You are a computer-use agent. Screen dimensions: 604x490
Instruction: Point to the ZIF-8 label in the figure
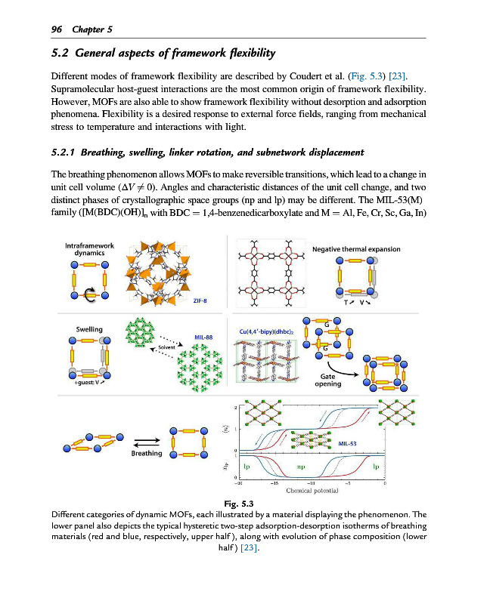coord(200,300)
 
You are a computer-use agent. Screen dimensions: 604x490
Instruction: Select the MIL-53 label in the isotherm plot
coord(348,443)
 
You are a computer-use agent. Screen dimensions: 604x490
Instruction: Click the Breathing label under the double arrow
coord(147,453)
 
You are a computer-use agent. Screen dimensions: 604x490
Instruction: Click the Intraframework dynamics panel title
coord(89,249)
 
